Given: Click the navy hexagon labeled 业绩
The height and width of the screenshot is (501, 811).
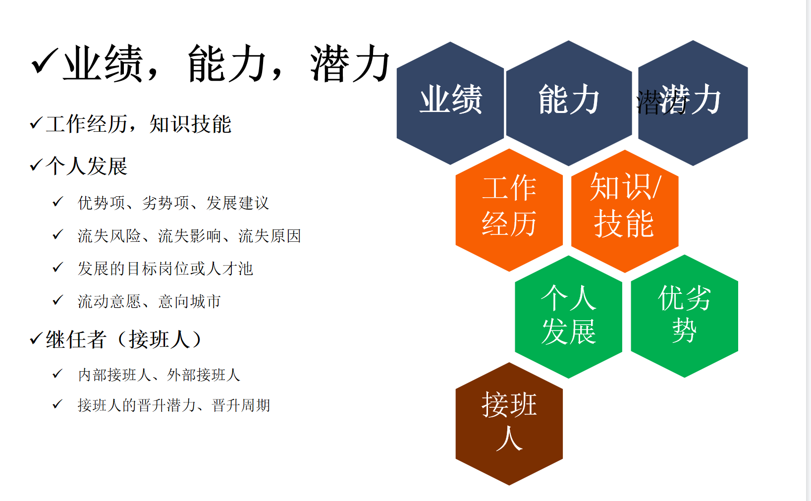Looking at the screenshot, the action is pyautogui.click(x=450, y=103).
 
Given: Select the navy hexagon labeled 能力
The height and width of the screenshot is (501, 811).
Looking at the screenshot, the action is pyautogui.click(x=569, y=103).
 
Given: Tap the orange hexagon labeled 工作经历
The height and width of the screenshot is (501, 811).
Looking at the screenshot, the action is pyautogui.click(x=509, y=210).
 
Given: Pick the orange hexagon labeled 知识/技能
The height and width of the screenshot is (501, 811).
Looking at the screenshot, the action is pyautogui.click(x=625, y=211).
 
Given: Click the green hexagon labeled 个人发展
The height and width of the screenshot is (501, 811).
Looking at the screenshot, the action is pyautogui.click(x=568, y=317).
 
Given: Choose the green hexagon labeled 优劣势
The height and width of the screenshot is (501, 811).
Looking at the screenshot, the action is pyautogui.click(x=684, y=316).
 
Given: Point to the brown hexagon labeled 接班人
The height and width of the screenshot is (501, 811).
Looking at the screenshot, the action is pyautogui.click(x=509, y=424).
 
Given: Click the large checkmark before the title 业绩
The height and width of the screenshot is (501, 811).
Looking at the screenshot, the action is pyautogui.click(x=45, y=61).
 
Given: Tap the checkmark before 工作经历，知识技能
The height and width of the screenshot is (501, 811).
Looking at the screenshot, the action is pyautogui.click(x=36, y=123).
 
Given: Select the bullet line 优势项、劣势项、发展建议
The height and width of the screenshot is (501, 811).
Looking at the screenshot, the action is pyautogui.click(x=173, y=203).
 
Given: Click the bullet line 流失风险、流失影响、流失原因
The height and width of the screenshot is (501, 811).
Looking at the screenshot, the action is pyautogui.click(x=189, y=236).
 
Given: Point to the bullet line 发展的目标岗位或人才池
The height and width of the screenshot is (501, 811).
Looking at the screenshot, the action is pyautogui.click(x=165, y=269).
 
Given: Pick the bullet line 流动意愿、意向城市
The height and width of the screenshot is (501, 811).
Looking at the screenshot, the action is pyautogui.click(x=149, y=301).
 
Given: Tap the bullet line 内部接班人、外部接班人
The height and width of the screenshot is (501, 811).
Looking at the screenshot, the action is pyautogui.click(x=159, y=375).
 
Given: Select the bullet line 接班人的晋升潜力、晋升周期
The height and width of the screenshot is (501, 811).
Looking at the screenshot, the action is pyautogui.click(x=174, y=405).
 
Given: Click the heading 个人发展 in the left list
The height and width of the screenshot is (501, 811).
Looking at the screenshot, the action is pyautogui.click(x=87, y=167).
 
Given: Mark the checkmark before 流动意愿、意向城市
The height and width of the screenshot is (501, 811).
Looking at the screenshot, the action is pyautogui.click(x=58, y=300).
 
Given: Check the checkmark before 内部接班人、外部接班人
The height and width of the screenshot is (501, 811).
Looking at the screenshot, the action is pyautogui.click(x=58, y=374).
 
